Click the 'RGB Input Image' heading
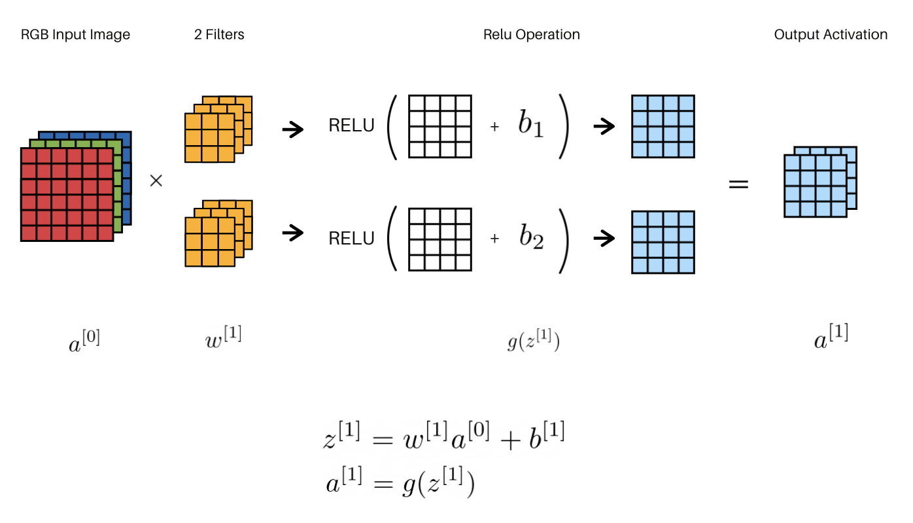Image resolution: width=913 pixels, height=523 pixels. (75, 35)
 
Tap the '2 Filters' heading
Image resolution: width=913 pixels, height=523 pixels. (219, 35)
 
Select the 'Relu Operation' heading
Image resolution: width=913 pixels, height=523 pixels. (531, 35)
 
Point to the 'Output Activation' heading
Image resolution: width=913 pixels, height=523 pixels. (831, 35)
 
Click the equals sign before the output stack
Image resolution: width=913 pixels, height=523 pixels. (738, 184)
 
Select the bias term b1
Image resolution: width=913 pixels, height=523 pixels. (530, 126)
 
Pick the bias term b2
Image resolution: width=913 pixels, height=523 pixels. (531, 238)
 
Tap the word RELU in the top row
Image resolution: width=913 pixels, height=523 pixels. (351, 126)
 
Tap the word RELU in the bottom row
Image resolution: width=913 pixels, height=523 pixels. (351, 239)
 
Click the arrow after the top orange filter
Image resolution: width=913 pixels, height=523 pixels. (293, 129)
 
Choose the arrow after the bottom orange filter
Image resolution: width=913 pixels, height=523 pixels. (293, 232)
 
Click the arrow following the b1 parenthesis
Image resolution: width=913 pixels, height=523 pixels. (604, 127)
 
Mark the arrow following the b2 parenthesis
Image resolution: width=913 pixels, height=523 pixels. (604, 239)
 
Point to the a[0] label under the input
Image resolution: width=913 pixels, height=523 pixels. (84, 342)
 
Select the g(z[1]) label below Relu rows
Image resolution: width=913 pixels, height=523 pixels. (533, 342)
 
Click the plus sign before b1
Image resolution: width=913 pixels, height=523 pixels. (494, 127)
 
